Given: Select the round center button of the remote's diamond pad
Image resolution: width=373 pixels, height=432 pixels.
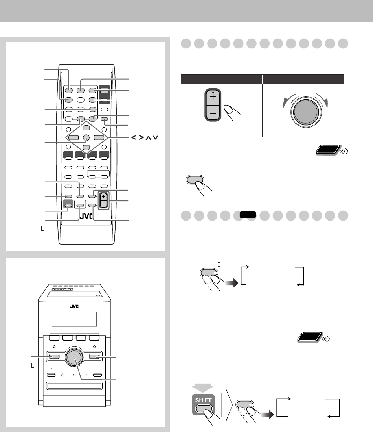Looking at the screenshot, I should [86, 138].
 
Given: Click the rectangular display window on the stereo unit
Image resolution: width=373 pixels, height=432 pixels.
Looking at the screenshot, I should [74, 319].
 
